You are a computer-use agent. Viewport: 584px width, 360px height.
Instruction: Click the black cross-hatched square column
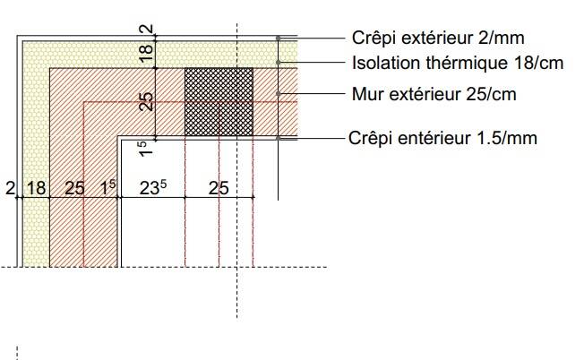[219, 101]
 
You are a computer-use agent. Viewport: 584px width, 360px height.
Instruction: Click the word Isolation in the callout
[379, 64]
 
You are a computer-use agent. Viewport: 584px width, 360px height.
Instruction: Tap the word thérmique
[451, 64]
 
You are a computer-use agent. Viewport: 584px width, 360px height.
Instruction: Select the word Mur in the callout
[368, 93]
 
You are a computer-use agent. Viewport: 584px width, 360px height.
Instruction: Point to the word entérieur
[434, 138]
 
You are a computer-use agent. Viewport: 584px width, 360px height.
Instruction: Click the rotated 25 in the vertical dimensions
[148, 101]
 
